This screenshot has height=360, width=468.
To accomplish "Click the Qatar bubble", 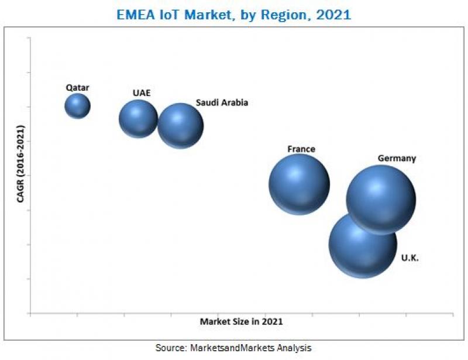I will (x=77, y=106).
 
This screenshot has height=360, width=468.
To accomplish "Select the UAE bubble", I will (x=138, y=118).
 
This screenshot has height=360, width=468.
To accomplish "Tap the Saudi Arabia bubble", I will (x=180, y=125).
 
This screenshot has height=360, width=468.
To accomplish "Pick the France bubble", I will (x=299, y=184).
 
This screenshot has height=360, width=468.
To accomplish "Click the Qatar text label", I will (x=77, y=88).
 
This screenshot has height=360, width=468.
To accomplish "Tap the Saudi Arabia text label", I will (x=222, y=102).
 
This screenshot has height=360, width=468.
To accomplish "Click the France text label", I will (x=301, y=149).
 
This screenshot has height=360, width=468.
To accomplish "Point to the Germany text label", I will (x=397, y=158).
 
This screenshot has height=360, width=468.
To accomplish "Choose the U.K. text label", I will (x=410, y=258).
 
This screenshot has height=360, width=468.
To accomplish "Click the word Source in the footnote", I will (x=169, y=348).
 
